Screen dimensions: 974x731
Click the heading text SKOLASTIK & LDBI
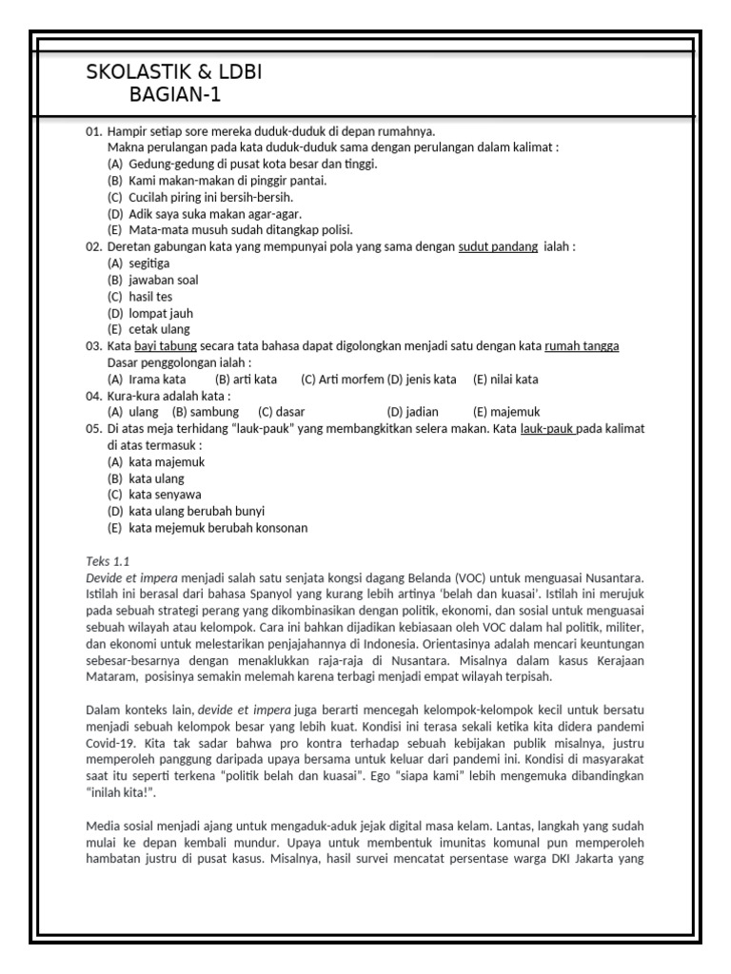[173, 73]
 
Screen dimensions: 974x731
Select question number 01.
[93, 132]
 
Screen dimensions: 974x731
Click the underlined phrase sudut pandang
[497, 246]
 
